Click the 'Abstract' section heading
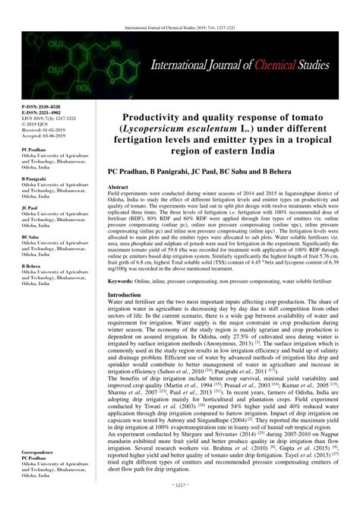(x=122, y=185)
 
